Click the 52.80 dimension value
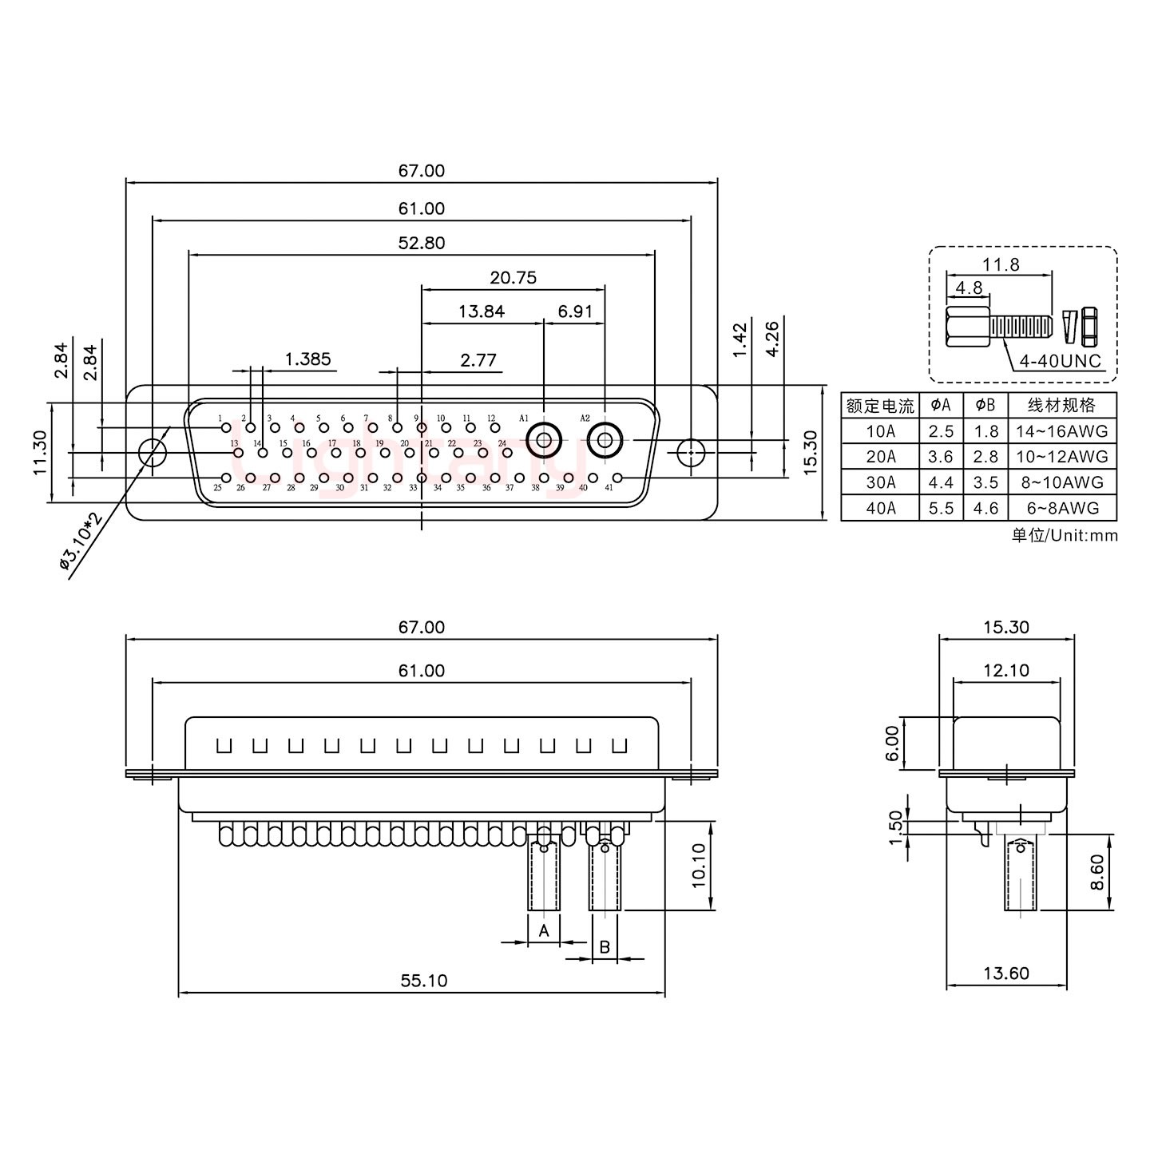coord(422,243)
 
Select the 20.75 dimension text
coord(514,278)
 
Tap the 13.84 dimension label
coord(482,311)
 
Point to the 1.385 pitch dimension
coord(308,359)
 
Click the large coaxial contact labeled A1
coord(545,440)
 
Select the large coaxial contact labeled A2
coord(605,440)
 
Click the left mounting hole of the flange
coord(151,452)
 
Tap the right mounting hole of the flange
coord(691,452)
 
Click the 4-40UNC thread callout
coord(1060,361)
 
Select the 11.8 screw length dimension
coord(1001,264)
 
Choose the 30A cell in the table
coord(880,482)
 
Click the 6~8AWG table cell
coord(1062,508)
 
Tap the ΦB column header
coord(985,405)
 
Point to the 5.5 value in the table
coord(941,508)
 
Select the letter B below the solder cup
coord(605,947)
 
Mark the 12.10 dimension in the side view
coord(1006,670)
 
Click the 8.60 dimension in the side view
coord(1097,872)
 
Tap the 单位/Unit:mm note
coord(1065,535)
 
